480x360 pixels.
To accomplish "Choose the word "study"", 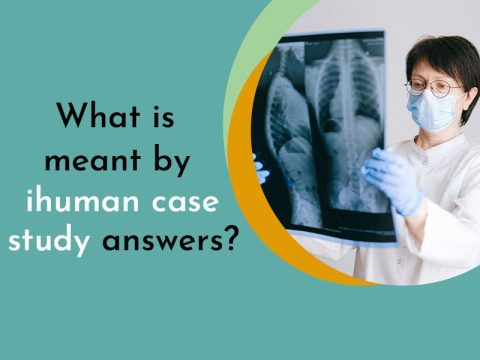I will (49, 242).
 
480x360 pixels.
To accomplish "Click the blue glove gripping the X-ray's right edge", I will (395, 180).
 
